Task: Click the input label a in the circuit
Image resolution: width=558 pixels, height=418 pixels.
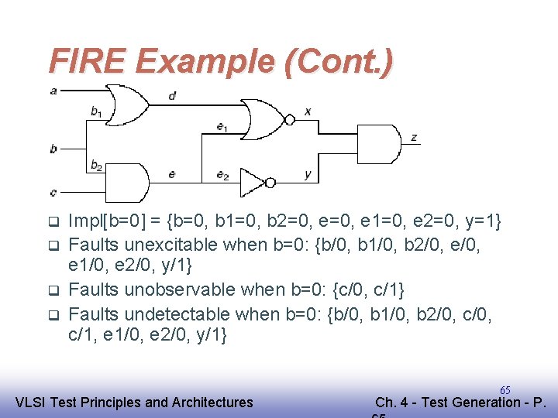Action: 53,91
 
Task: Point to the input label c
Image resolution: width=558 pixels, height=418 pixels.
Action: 53,192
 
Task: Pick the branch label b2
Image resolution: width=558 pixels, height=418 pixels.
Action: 96,165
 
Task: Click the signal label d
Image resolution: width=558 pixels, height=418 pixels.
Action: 171,96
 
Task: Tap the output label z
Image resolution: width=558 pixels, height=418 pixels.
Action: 415,138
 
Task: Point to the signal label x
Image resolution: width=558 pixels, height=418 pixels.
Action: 308,111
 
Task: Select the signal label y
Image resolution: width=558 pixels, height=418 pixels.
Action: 308,174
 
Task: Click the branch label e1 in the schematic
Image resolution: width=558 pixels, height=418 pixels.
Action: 222,128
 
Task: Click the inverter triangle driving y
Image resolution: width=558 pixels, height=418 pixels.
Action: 253,183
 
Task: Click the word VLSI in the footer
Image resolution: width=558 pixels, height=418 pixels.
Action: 31,402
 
